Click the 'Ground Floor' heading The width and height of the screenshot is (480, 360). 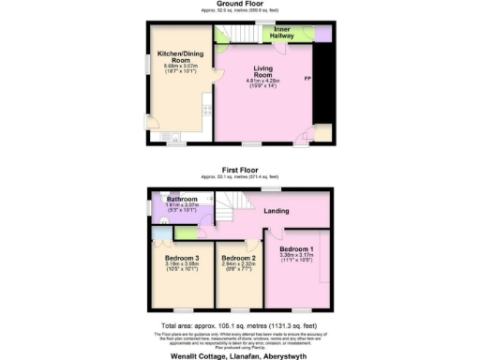click(x=240, y=4)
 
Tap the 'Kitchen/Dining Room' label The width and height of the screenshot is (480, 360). click(x=175, y=55)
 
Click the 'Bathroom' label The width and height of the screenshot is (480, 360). click(x=180, y=200)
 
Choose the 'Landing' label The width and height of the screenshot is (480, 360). click(x=276, y=211)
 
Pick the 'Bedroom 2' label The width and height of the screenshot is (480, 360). click(x=238, y=258)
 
